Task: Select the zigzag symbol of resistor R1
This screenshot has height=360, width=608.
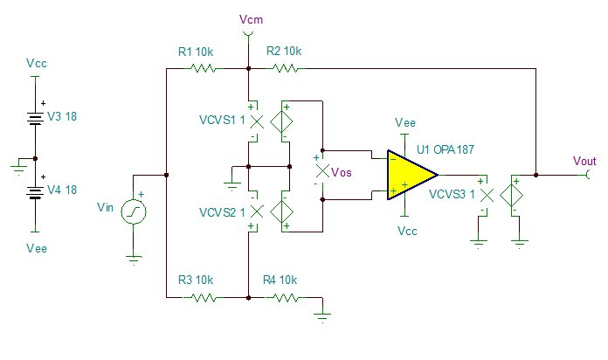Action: coord(203,69)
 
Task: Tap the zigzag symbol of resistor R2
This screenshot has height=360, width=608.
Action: coord(286,69)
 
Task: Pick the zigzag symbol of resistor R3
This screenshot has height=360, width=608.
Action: coord(203,298)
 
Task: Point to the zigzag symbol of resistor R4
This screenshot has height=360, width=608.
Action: coord(286,298)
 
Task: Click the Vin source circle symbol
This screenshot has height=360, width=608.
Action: coord(134,211)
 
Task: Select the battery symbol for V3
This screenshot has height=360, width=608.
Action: coord(35,119)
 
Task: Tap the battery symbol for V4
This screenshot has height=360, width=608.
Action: coord(35,192)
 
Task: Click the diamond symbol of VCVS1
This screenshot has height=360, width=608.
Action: coord(281,121)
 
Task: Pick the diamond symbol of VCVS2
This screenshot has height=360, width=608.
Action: coord(281,211)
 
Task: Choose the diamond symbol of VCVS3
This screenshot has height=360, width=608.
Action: coord(511,196)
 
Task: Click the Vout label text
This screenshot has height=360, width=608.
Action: coord(584,161)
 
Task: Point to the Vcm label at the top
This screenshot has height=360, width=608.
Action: coord(251,19)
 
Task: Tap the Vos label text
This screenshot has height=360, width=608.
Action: coord(342,172)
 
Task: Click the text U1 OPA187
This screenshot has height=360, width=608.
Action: coord(446,149)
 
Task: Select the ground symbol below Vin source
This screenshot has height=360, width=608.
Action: coord(134,260)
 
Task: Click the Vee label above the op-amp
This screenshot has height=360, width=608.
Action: coord(405,123)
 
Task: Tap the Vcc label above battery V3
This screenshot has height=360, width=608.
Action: coord(37,63)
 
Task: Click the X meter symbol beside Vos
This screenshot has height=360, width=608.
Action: coord(322,170)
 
